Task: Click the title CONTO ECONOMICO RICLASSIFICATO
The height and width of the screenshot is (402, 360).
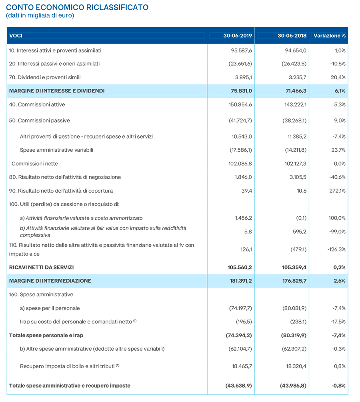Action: pos(77,7)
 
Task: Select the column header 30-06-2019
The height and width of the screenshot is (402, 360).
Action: pos(238,36)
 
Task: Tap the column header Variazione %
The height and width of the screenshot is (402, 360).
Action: pos(330,36)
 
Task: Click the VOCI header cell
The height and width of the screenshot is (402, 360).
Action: pos(16,36)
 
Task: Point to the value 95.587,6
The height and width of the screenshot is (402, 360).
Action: pos(242,50)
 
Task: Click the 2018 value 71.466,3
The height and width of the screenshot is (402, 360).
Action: pos(296,91)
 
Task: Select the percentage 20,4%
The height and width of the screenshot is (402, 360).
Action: pos(338,77)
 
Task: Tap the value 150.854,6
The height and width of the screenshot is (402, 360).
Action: pos(240,105)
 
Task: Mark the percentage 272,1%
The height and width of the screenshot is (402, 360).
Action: pos(337,191)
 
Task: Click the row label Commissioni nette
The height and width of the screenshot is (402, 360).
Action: pos(35,164)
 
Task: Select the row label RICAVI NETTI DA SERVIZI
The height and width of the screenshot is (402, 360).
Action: pos(42,267)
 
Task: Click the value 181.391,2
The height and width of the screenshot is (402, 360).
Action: pos(241,281)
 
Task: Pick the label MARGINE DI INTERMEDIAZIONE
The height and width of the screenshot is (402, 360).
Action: pos(50,281)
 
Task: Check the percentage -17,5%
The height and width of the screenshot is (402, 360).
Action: pos(338,322)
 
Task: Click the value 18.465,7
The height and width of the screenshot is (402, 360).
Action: pos(242,366)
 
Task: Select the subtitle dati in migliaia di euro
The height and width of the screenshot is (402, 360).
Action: pos(40,15)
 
